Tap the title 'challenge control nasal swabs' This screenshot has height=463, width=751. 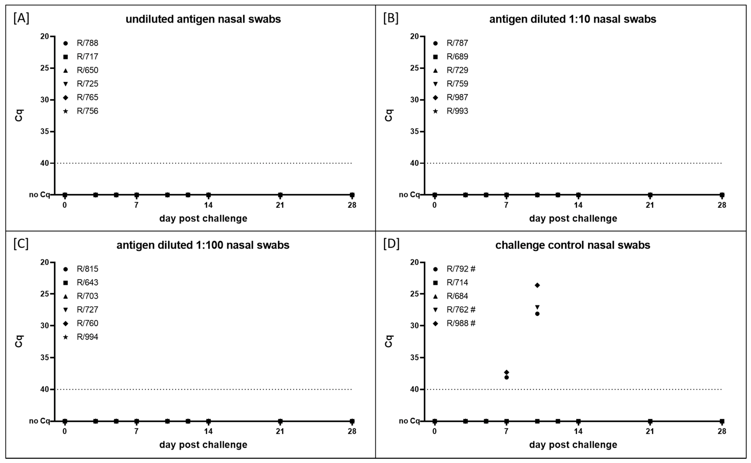coord(573,245)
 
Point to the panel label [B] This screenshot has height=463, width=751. coord(391,18)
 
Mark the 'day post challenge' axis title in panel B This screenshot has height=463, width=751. coord(573,219)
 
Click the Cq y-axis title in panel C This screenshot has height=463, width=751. coord(19,341)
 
